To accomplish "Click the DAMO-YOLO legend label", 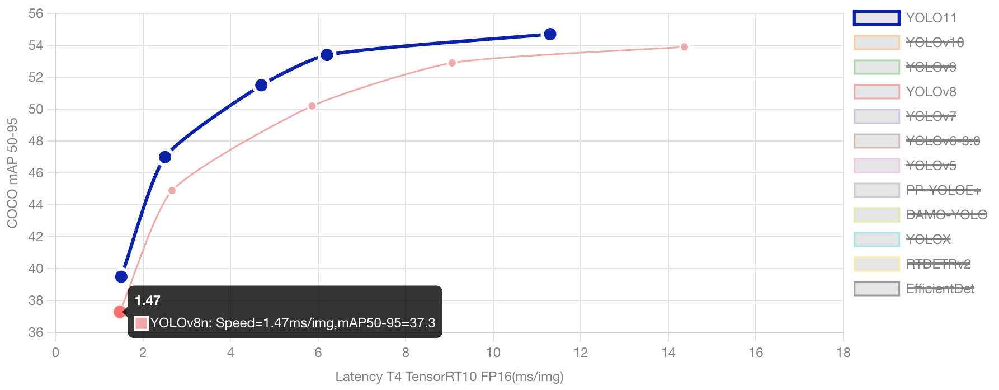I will (946, 215).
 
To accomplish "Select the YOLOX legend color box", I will (877, 239).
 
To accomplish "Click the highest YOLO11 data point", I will (550, 35).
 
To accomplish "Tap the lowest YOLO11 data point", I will (121, 276).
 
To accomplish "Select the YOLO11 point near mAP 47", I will (164, 157).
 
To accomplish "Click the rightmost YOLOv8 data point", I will (684, 47).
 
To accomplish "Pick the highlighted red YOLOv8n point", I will (119, 312).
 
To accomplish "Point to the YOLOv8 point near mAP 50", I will (312, 106).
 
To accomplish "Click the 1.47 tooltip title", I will (148, 301).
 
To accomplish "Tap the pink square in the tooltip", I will (141, 323).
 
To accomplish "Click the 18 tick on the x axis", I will (843, 353).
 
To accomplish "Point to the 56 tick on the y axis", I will (36, 13).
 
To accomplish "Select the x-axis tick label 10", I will (493, 353).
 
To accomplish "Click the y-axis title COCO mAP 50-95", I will (12, 173).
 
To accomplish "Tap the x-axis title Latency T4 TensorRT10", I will (449, 377).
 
